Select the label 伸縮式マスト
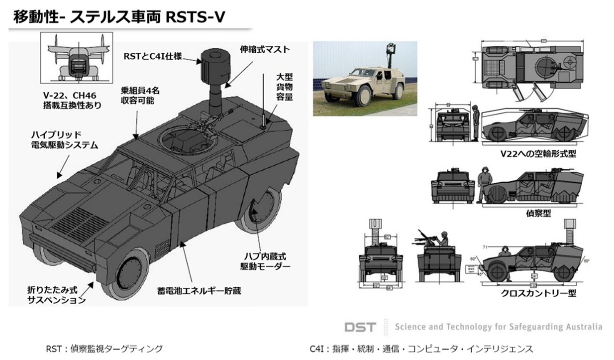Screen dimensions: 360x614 click(264, 50)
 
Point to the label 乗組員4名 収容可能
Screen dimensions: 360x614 click(137, 96)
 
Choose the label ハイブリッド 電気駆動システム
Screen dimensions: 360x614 click(64, 140)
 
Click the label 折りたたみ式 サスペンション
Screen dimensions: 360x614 click(56, 295)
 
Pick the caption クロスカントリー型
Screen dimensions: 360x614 click(538, 293)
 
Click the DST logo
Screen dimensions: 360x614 click(360, 327)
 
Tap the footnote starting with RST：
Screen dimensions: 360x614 click(104, 349)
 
